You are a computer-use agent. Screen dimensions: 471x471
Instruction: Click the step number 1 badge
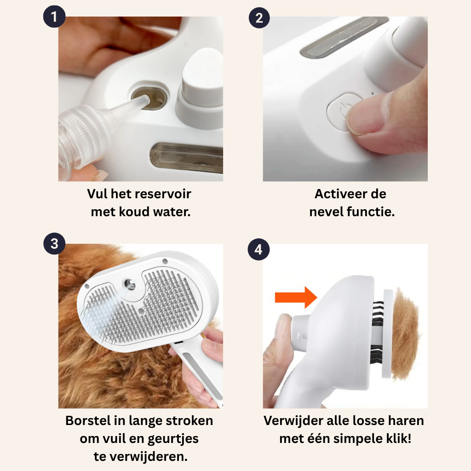coord(54,17)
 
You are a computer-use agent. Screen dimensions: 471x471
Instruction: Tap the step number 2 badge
coord(259,18)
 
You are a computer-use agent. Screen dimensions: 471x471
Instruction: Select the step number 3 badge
coord(54,244)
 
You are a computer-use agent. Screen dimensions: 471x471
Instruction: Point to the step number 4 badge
coord(258,249)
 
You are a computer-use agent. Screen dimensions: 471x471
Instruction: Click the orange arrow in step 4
coord(296,298)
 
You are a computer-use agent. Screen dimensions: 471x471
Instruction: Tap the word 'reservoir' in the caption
coord(165,194)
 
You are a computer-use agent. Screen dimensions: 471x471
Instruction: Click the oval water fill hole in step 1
coord(149,98)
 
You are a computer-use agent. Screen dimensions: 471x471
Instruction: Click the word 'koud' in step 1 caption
coord(134,212)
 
